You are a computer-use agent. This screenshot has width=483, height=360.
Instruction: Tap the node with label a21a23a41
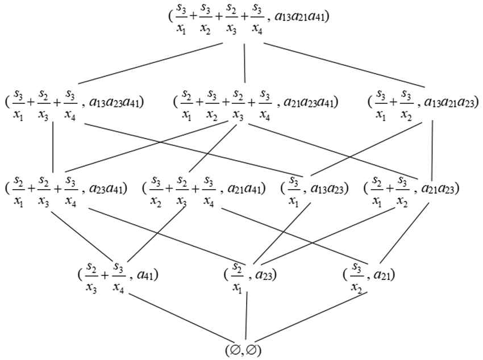coord(256,103)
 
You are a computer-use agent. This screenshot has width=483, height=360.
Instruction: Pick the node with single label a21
coord(369,275)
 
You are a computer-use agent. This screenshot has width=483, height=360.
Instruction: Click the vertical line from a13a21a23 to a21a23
coord(433,145)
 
